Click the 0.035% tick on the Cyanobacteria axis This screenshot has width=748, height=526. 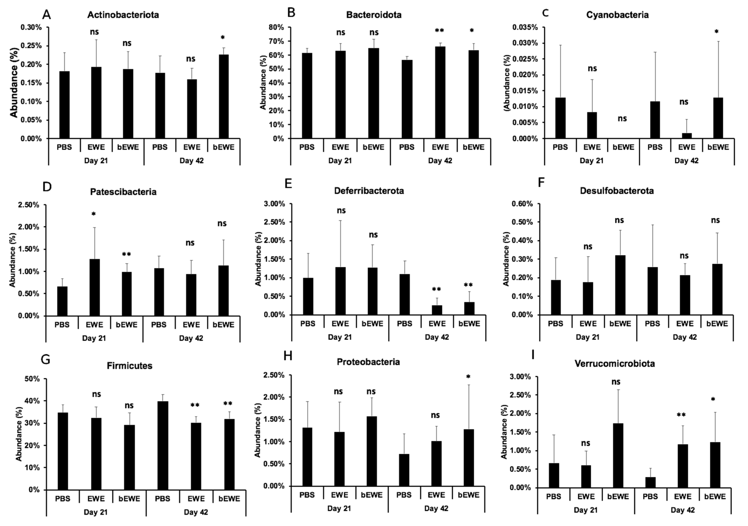coord(525,27)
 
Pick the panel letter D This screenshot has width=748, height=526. coord(47,187)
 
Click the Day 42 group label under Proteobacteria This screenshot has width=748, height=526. coord(436,508)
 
